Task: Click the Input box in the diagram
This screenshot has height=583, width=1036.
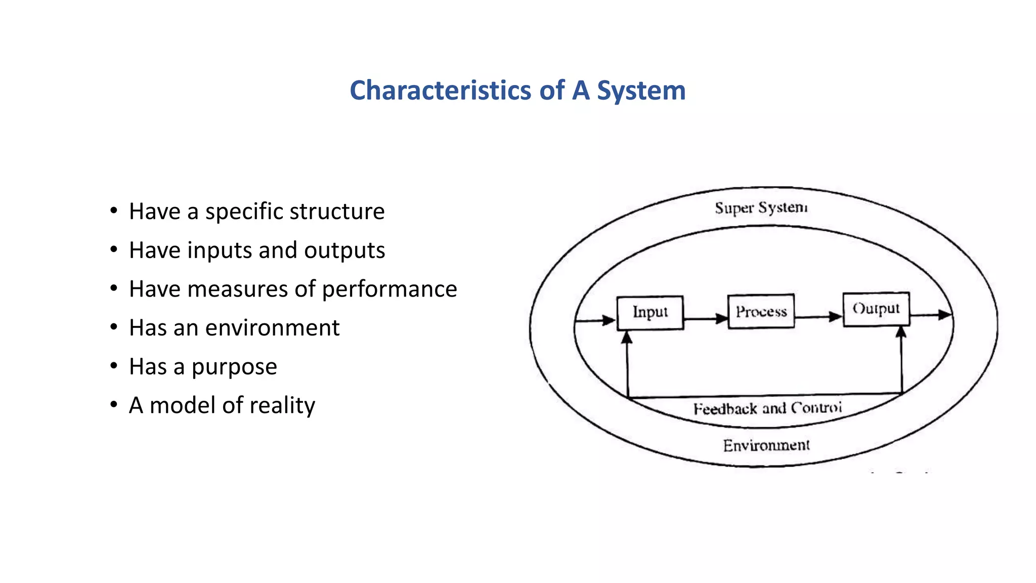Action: tap(650, 313)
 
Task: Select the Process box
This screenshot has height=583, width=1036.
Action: tap(761, 311)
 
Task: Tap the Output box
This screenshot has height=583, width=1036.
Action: tap(876, 309)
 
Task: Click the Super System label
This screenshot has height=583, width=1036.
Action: tap(761, 208)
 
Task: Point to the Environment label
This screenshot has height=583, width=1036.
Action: tap(766, 445)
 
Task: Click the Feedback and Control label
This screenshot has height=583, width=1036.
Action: tap(767, 408)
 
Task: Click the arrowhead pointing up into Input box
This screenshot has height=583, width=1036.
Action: tap(627, 337)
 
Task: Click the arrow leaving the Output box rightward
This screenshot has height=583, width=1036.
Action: tap(931, 315)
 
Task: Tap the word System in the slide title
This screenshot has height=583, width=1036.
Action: tap(641, 91)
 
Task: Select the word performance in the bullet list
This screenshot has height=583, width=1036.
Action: tap(389, 289)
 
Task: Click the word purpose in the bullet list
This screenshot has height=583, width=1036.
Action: tap(234, 367)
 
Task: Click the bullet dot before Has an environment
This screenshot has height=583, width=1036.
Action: tap(114, 327)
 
